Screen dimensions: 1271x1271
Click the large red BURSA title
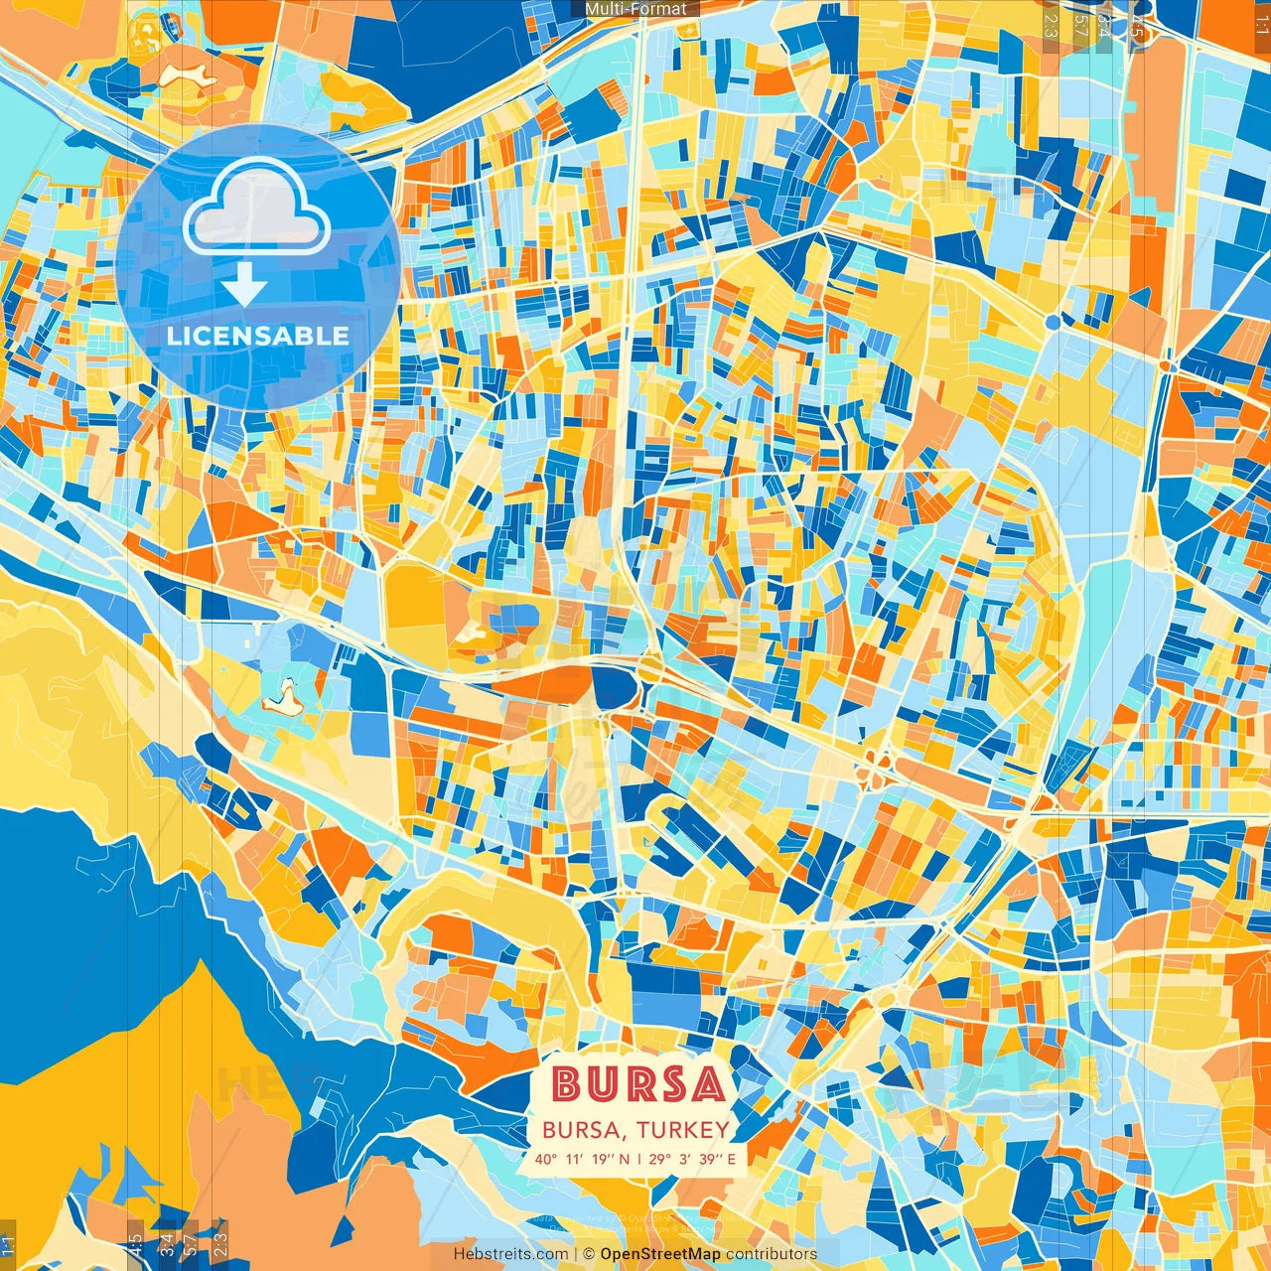637,1084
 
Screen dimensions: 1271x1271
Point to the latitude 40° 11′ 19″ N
582,1159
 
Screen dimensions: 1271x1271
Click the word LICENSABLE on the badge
258,336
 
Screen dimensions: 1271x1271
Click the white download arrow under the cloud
244,286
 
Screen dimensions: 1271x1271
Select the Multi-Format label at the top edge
635,9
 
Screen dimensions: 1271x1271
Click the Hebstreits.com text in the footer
510,1254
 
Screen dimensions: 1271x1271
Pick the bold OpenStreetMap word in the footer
660,1254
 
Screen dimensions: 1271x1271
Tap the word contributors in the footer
772,1254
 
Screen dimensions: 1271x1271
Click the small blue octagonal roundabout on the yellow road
1053,322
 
